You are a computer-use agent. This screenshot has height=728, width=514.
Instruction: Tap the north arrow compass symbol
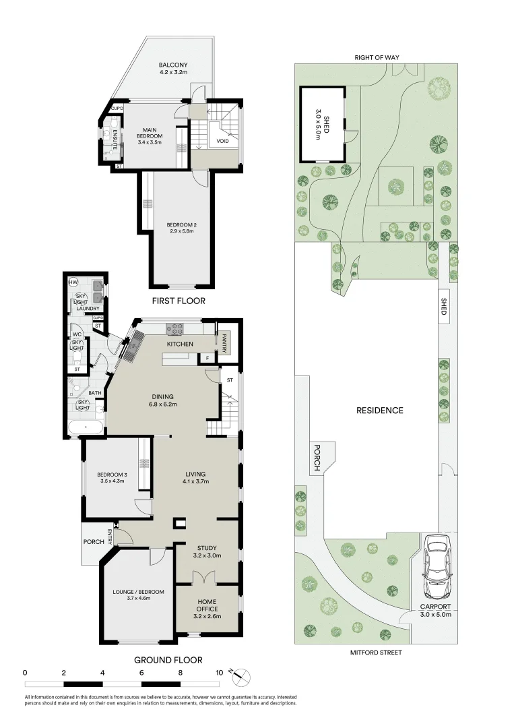click(x=242, y=673)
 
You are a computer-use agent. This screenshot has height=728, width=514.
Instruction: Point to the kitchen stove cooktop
click(x=176, y=330)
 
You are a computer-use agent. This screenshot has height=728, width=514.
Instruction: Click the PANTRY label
click(x=226, y=342)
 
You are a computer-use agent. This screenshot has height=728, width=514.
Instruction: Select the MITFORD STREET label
click(x=376, y=653)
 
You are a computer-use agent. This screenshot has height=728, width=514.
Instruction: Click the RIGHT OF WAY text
click(x=377, y=58)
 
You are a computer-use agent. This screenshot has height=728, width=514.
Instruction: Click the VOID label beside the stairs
click(x=222, y=142)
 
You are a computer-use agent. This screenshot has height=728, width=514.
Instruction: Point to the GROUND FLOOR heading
click(x=168, y=661)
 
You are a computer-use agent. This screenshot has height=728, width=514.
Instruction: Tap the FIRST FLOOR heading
click(x=179, y=301)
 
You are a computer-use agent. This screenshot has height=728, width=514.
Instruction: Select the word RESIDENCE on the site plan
click(x=380, y=410)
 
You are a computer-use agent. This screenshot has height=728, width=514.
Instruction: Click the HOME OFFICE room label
click(x=207, y=605)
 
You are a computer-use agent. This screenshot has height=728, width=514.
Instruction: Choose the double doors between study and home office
click(x=204, y=578)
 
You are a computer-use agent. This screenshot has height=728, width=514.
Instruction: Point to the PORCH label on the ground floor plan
click(x=94, y=541)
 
